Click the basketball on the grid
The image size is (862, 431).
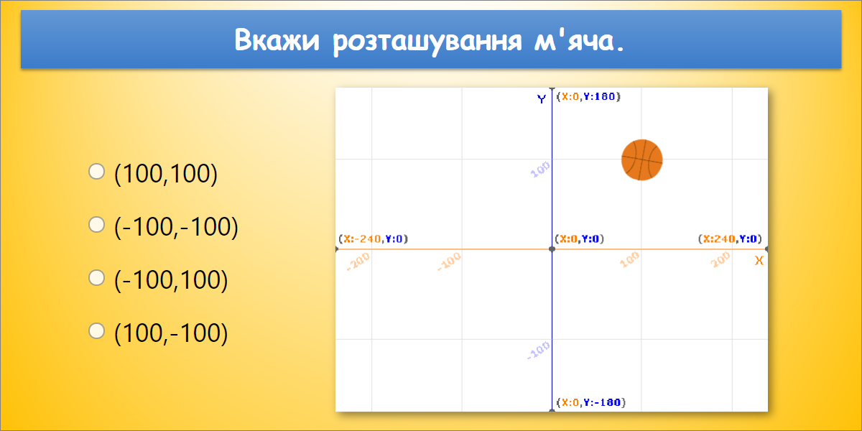641,159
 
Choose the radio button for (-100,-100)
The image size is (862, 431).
96,225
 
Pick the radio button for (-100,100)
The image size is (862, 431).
96,278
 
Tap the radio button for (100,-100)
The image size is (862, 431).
96,331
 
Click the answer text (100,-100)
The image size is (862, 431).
171,333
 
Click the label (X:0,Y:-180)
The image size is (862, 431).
590,402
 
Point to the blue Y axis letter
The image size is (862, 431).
542,99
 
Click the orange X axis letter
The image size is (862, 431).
759,261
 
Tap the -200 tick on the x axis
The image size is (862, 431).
358,262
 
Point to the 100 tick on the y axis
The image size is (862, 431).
539,170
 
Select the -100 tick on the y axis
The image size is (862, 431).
538,351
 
